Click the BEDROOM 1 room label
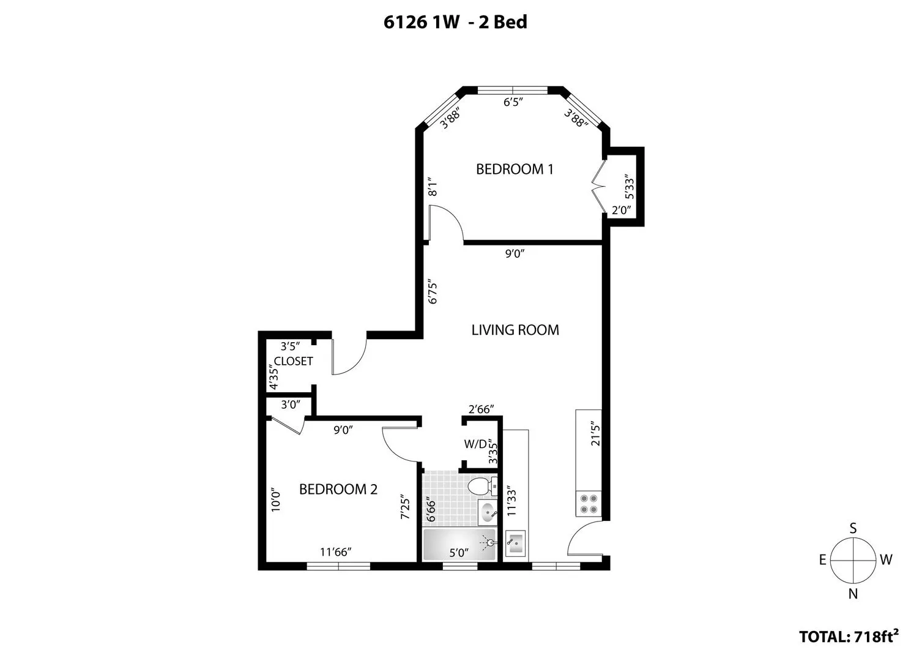tap(515, 169)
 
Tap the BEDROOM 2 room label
tap(338, 489)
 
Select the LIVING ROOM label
tap(515, 330)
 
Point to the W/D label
tap(475, 444)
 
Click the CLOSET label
tap(293, 361)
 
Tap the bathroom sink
tap(488, 512)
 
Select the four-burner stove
tap(589, 503)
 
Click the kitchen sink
tap(515, 542)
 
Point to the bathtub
tap(459, 544)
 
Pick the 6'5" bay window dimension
tap(514, 102)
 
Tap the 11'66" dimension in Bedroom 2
tap(335, 552)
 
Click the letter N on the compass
tap(853, 593)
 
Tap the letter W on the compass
tap(886, 559)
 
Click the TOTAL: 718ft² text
tap(849, 637)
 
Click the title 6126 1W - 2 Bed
tap(455, 23)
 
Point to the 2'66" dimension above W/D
tap(480, 409)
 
